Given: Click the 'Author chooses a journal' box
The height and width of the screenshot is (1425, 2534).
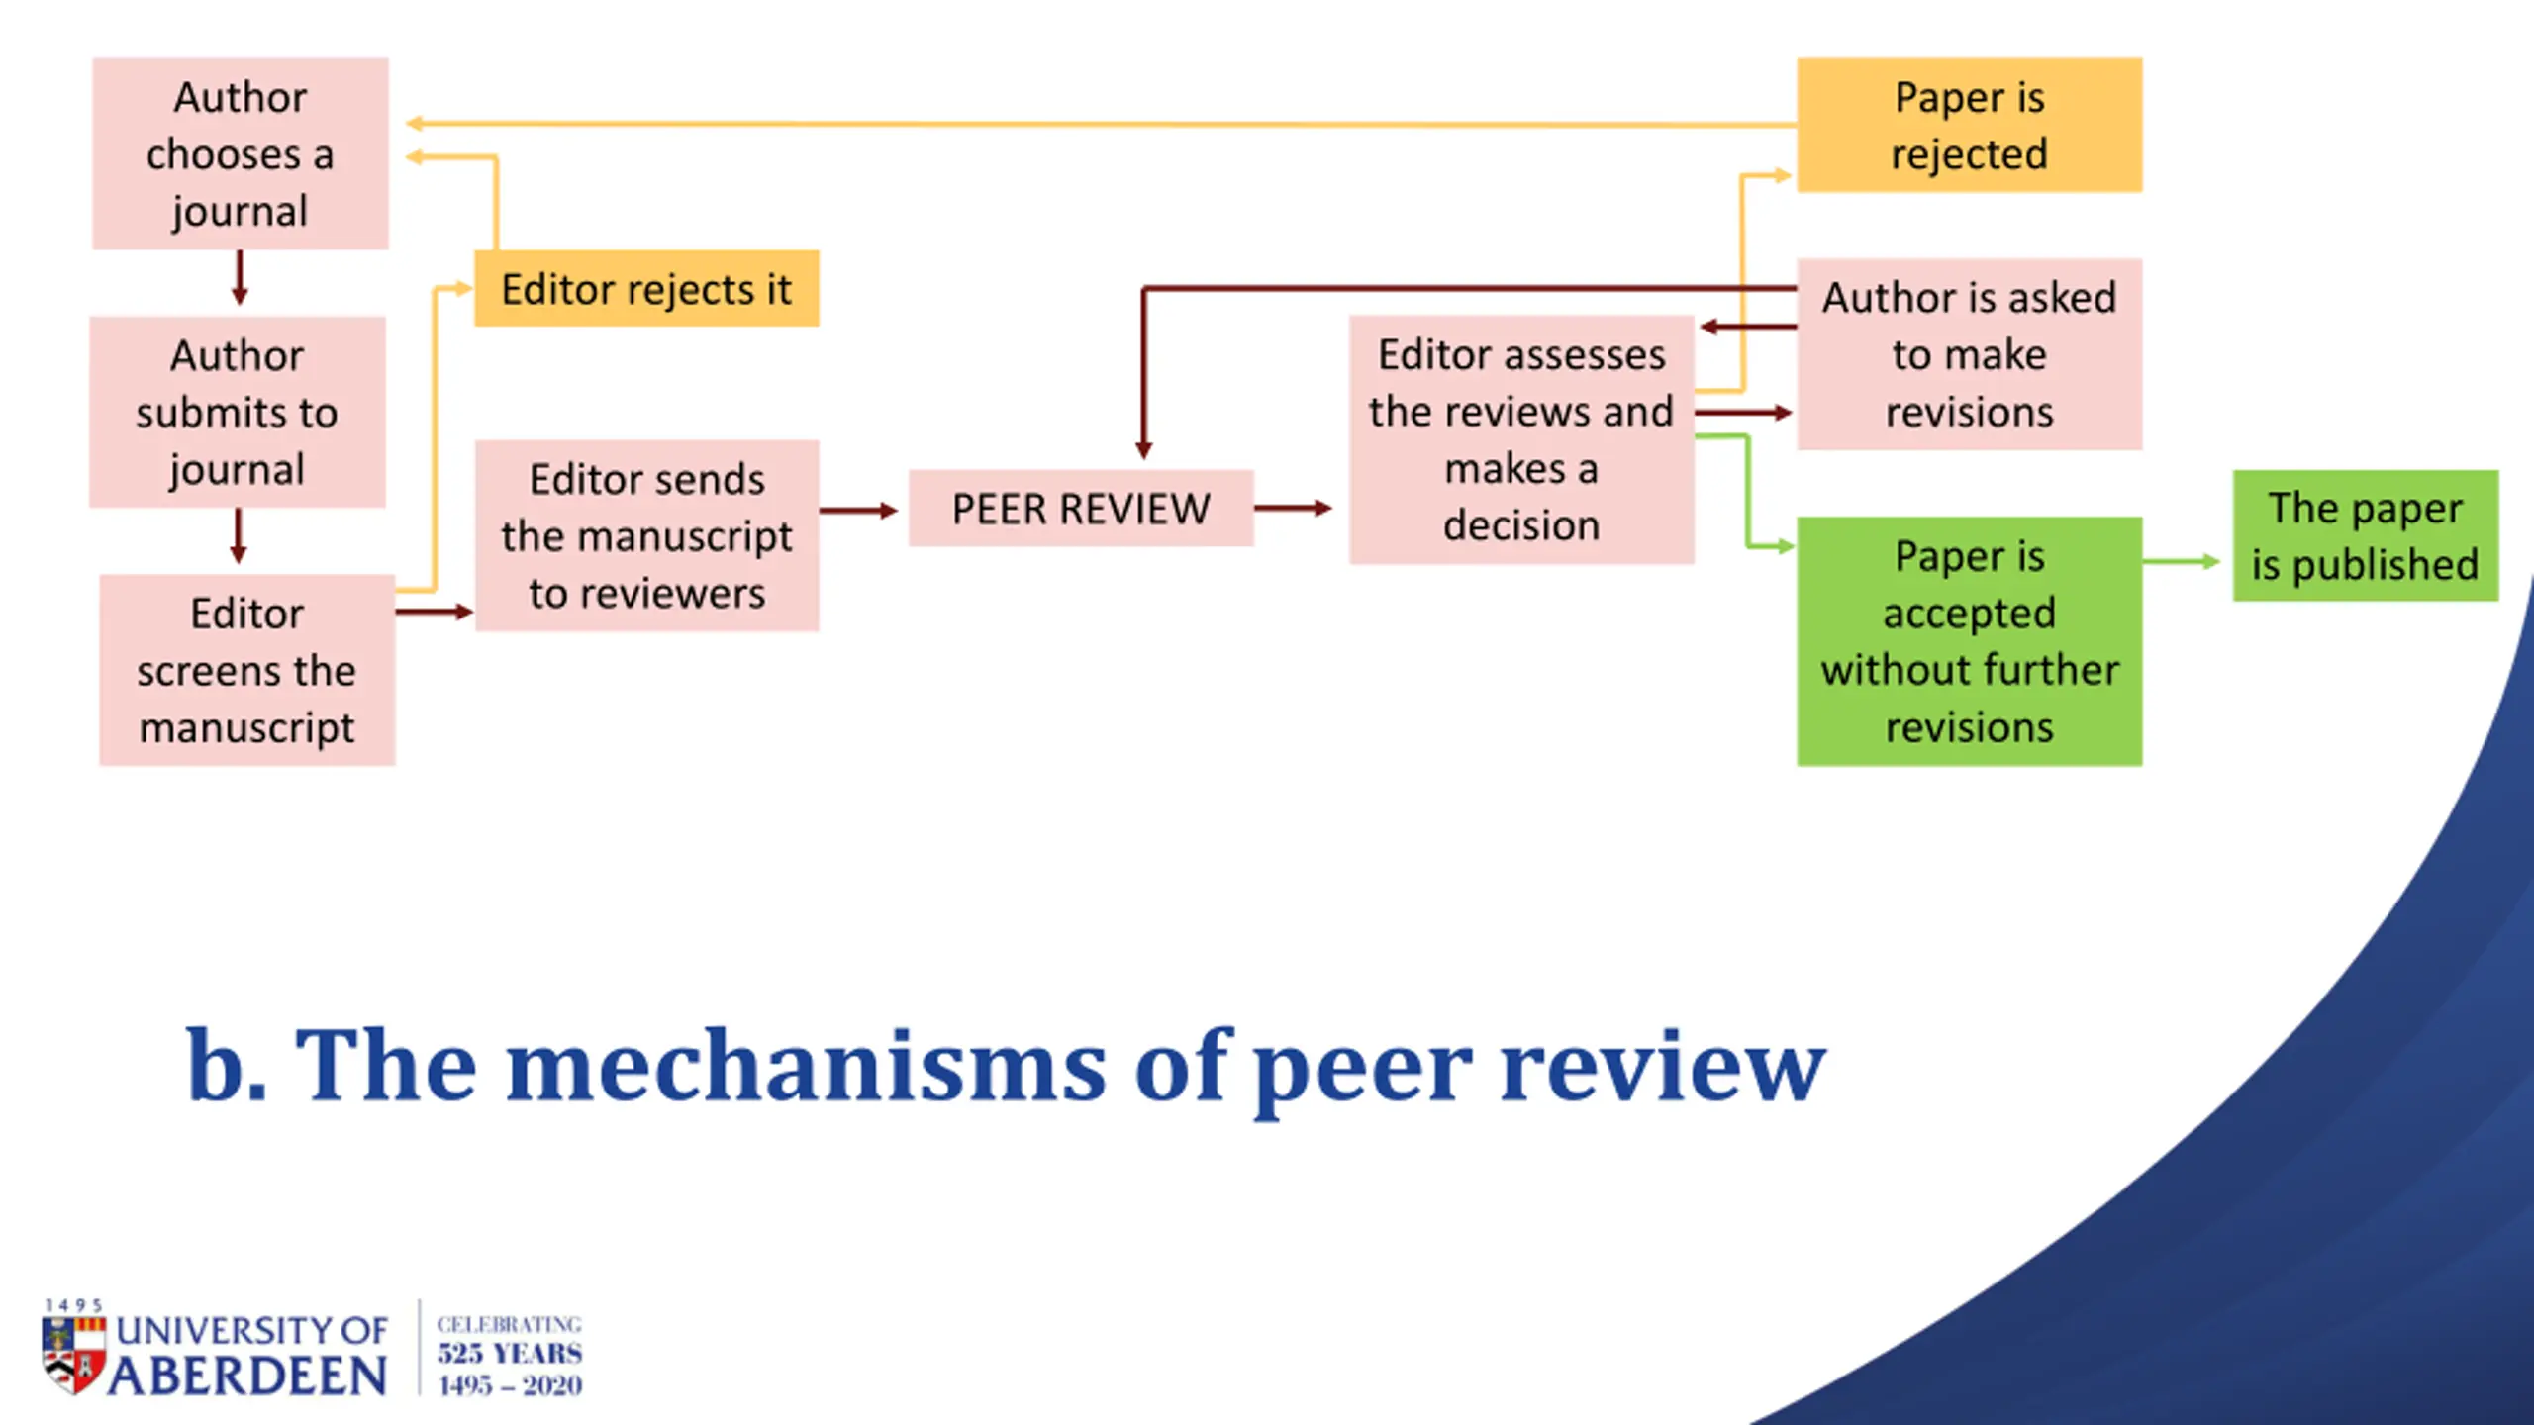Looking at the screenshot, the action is (241, 153).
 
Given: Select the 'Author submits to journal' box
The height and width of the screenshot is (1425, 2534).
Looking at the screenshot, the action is (238, 412).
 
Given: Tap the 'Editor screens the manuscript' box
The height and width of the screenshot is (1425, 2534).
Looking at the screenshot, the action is (247, 670).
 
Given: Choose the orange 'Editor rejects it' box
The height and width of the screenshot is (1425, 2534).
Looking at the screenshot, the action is (646, 289).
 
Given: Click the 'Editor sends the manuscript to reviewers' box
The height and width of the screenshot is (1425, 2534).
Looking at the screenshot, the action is (646, 535).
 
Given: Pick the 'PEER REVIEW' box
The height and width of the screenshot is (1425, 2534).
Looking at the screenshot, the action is (1081, 509).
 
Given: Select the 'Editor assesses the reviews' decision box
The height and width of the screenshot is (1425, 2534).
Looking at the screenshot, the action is (1521, 439).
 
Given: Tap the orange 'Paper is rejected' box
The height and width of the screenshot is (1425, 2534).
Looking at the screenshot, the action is (1970, 125).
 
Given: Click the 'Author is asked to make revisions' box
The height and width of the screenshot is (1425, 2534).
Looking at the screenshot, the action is (1970, 354).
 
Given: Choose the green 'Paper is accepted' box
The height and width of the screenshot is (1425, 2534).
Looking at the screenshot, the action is (1970, 641).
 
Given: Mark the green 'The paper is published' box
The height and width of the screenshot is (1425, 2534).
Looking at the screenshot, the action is (2366, 535).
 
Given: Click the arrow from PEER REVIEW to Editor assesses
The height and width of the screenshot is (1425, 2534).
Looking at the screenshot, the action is (1294, 509).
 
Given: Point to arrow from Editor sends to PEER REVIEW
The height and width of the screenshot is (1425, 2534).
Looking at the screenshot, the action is (859, 511).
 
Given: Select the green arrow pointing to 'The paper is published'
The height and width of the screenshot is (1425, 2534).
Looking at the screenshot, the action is (2182, 562).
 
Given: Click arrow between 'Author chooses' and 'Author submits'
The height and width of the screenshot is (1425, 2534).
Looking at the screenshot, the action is (240, 278).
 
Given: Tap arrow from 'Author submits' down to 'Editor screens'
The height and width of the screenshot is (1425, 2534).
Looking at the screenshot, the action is (238, 536).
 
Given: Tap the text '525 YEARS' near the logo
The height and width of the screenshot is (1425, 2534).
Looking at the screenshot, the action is (510, 1353).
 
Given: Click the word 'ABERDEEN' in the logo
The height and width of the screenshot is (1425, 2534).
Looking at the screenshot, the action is (247, 1377).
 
